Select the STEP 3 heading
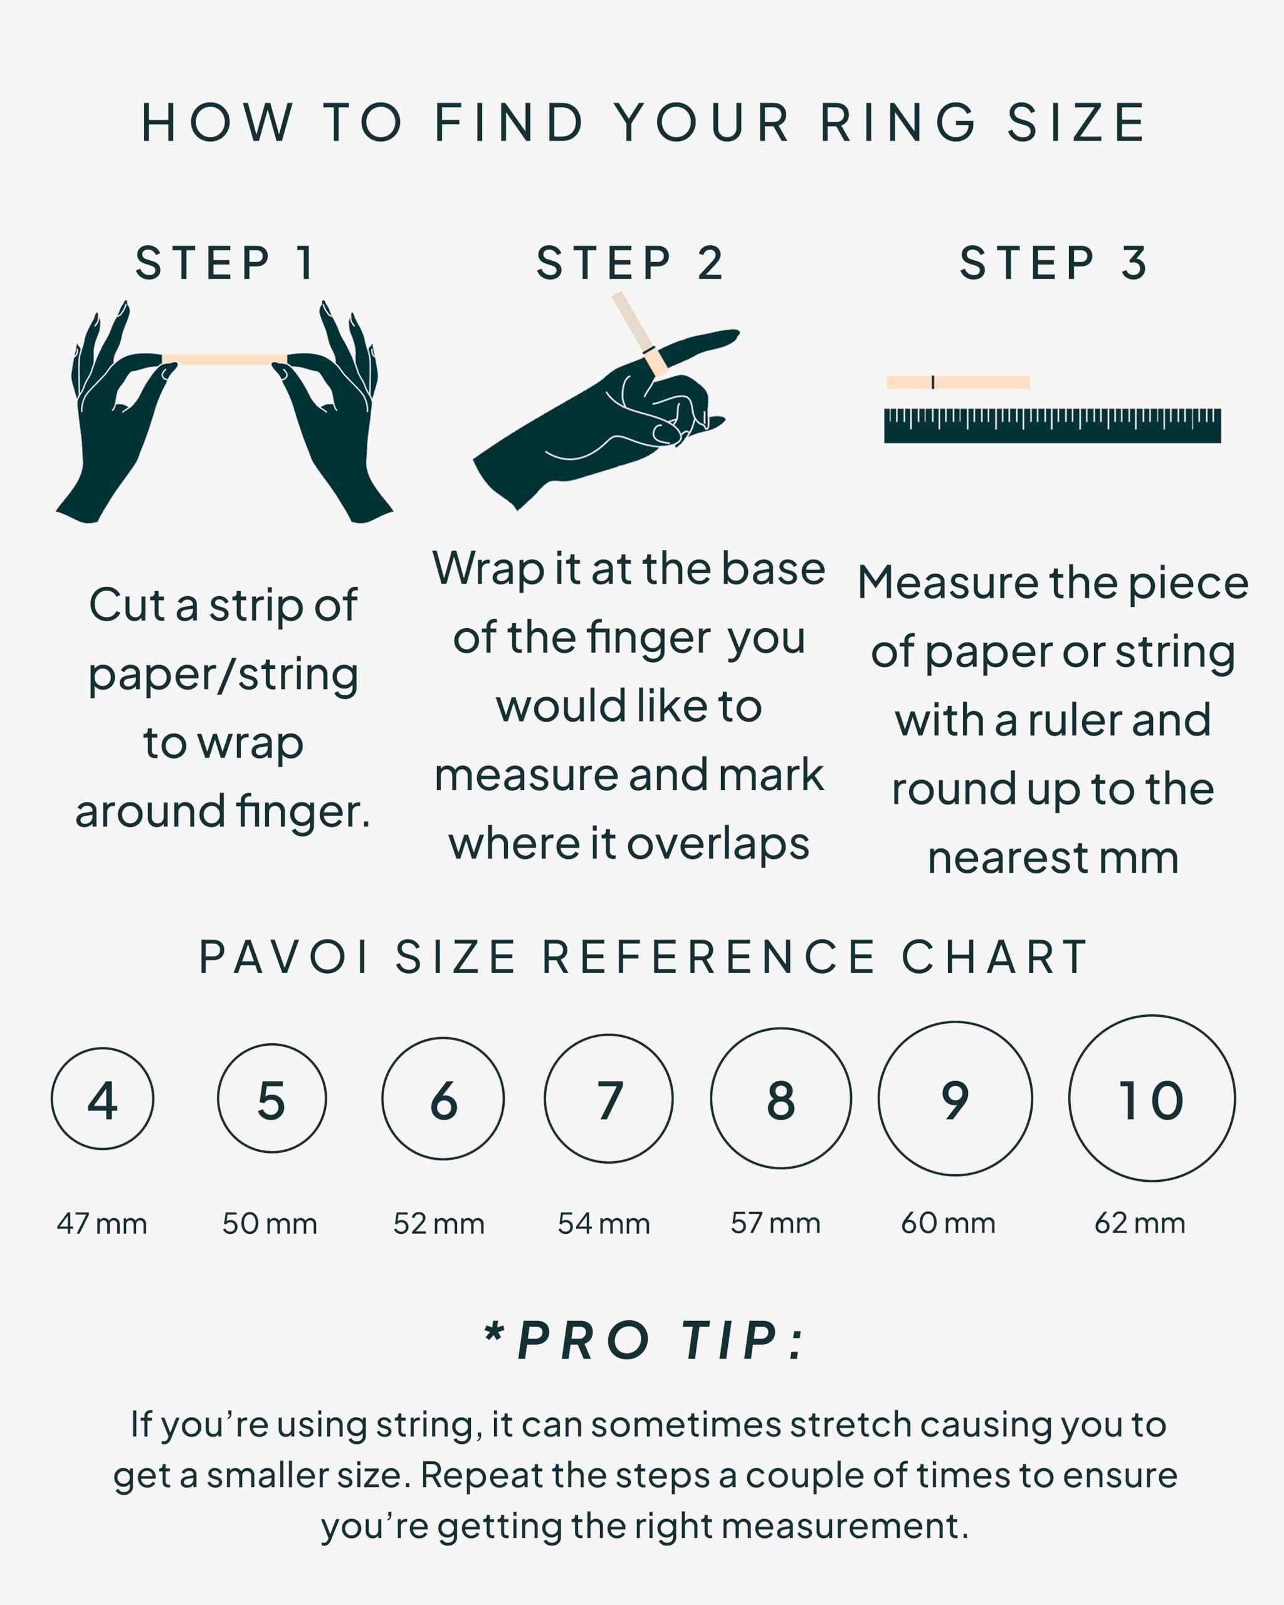click(1053, 263)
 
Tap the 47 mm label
click(102, 1223)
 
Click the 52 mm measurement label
click(439, 1223)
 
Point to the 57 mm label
click(776, 1223)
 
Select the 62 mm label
click(1140, 1223)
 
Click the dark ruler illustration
click(1053, 426)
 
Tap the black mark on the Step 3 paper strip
click(933, 382)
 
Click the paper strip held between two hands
click(225, 360)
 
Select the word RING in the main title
click(898, 123)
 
